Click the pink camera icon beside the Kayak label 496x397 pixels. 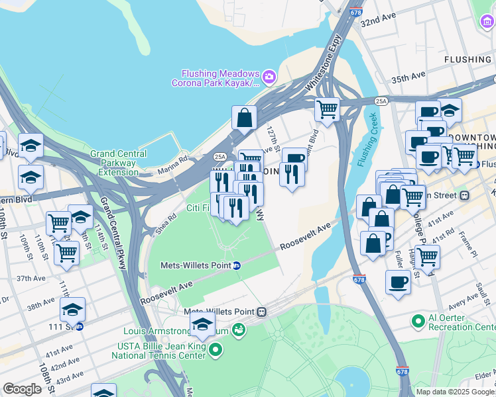coord(269,77)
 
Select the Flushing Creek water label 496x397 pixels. coord(366,140)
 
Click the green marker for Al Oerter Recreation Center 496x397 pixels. coord(418,322)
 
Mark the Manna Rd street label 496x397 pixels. coord(173,164)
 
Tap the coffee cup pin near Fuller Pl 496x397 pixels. coord(398,282)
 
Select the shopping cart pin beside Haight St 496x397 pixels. coord(427,255)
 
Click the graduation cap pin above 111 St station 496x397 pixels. coord(72,308)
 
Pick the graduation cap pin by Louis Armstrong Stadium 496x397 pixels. coord(202,324)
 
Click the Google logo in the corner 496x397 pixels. coord(22,389)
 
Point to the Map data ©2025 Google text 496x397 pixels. coord(455,392)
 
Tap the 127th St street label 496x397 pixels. coord(273,139)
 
